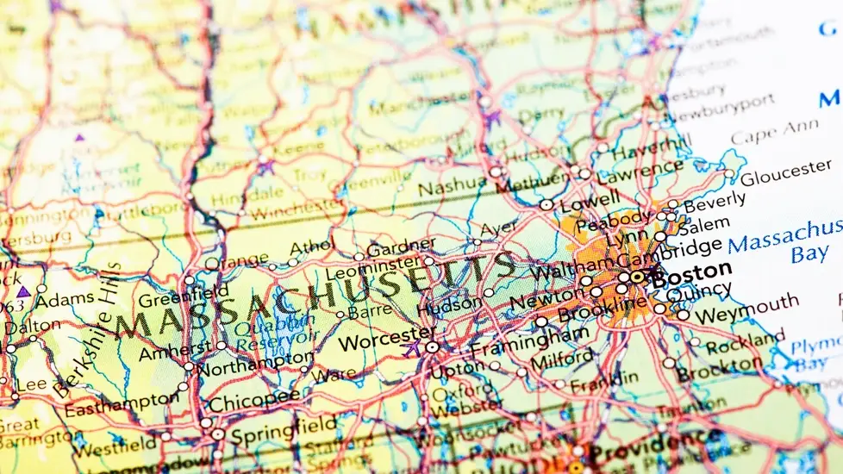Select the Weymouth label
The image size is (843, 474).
(746, 305)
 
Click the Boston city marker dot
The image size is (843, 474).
(636, 278)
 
